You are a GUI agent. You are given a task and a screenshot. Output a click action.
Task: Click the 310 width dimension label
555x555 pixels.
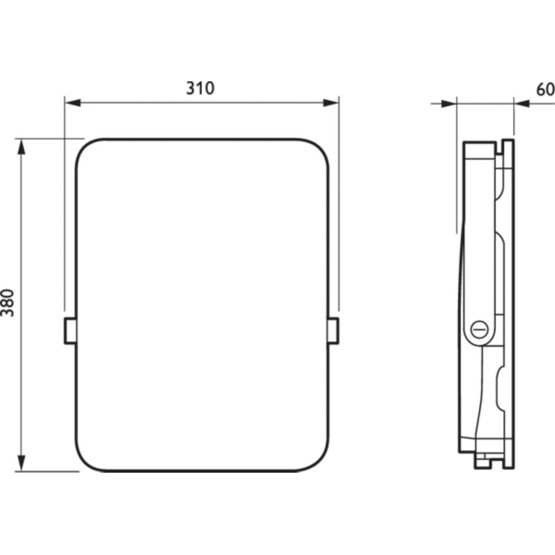point(201,88)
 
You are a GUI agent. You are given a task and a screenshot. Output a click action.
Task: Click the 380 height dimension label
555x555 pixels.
point(7,302)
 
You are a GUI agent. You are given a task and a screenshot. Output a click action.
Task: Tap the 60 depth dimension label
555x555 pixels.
point(546,90)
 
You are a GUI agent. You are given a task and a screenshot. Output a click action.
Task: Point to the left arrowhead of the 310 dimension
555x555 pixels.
point(72,103)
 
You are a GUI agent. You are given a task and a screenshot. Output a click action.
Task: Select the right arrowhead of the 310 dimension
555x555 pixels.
point(331,103)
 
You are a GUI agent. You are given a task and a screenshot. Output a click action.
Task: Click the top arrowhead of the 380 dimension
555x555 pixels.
point(21,147)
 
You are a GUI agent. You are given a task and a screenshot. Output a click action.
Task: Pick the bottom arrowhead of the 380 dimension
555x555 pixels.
point(21,463)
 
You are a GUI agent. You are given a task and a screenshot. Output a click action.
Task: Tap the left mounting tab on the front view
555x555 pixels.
point(70,331)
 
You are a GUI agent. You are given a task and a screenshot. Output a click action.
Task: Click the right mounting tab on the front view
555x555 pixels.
point(333,331)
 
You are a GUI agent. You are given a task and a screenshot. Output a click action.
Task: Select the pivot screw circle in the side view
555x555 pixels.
point(479,329)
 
